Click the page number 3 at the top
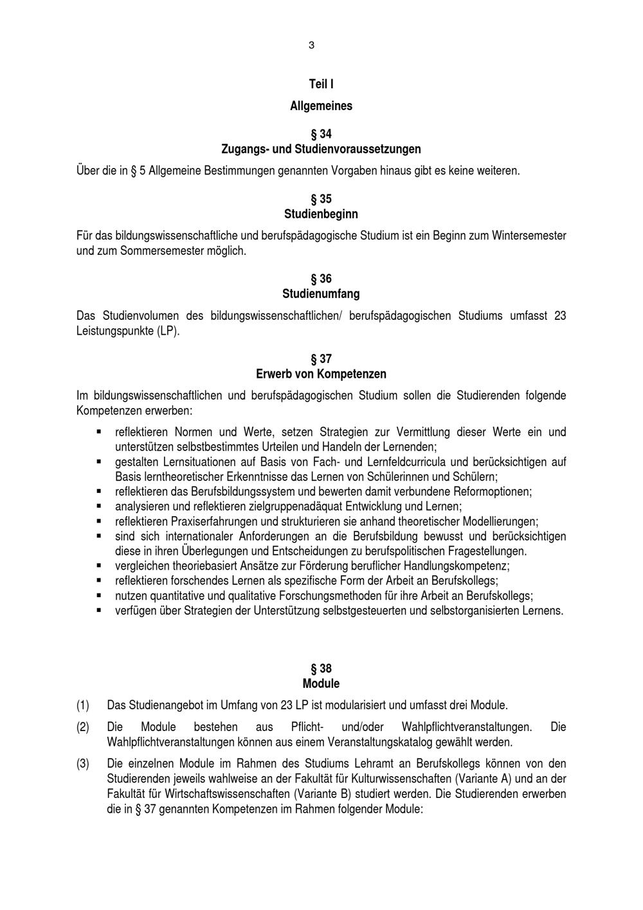312,45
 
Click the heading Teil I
321,84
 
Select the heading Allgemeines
321,106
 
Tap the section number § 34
321,135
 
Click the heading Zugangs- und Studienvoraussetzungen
321,149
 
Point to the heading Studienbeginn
321,214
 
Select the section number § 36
321,279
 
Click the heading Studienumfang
321,294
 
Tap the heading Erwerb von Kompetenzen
321,374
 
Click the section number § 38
321,669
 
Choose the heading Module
321,683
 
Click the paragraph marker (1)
83,705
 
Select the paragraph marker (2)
83,727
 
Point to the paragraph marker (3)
83,764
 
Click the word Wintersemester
529,236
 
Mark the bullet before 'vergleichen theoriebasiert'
99,565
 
